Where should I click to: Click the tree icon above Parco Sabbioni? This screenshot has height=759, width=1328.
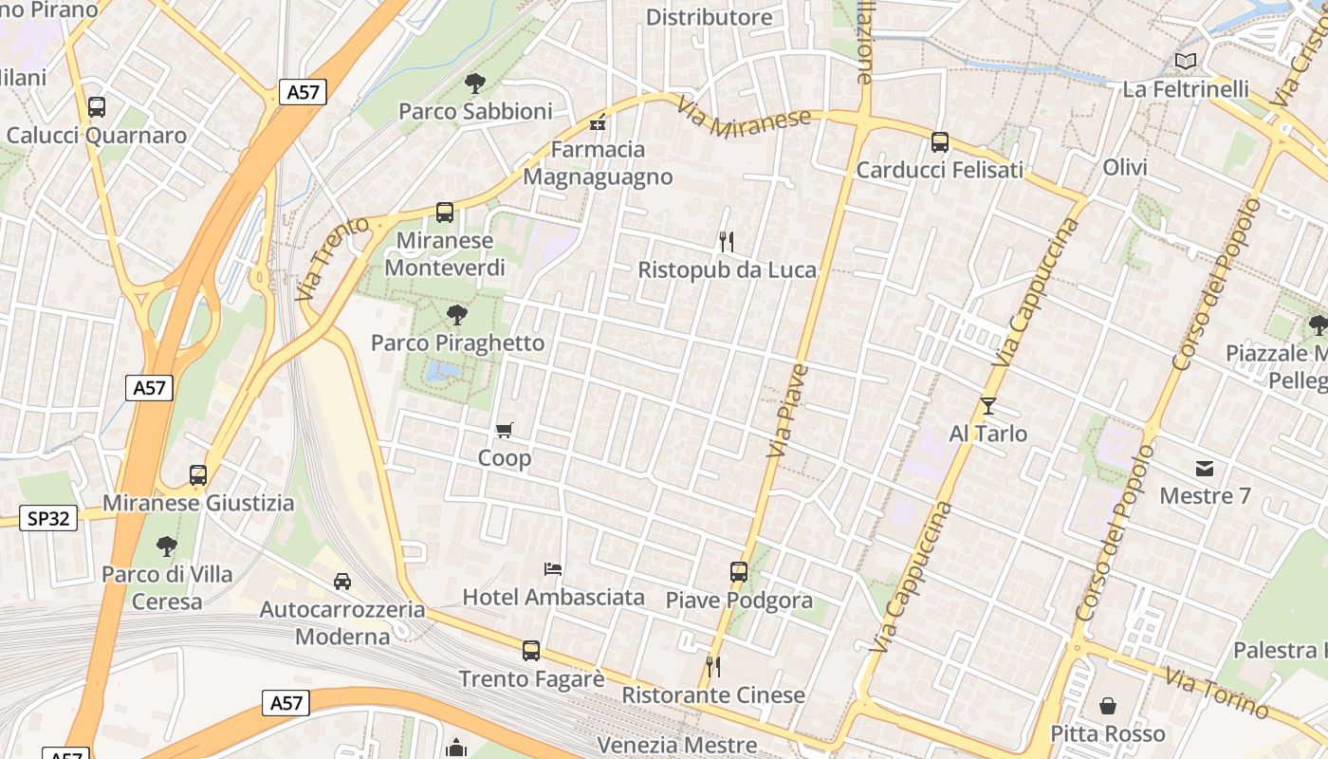coord(474,83)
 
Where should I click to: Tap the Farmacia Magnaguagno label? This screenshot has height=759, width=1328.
coord(598,163)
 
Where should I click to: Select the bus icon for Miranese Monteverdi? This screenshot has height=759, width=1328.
coord(445,213)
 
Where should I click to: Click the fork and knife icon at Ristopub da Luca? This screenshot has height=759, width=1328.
coord(727,241)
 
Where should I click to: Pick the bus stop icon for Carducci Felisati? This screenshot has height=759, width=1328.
coord(940,142)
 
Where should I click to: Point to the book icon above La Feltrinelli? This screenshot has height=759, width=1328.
coord(1185,62)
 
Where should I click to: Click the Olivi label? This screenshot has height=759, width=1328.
coord(1125,168)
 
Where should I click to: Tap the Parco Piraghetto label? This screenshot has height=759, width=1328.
coord(457,342)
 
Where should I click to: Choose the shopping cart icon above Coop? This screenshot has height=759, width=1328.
coord(505,431)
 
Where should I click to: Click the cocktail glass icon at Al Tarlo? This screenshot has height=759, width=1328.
coord(988,406)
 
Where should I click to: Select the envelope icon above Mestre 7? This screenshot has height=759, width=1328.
coord(1205,468)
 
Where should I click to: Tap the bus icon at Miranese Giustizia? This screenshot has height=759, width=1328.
coord(198,475)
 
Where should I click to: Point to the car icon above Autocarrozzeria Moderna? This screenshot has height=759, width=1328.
coord(341,581)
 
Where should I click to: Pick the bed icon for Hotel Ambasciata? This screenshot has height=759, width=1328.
coord(553,569)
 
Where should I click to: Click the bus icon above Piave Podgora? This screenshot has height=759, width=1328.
coord(739,572)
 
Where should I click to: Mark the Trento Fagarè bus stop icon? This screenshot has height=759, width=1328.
coord(531,651)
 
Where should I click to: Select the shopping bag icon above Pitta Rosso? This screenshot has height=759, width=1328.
coord(1108,706)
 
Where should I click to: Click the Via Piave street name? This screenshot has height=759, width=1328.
coord(787,410)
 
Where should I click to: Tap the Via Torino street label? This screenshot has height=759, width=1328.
coord(1217,694)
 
